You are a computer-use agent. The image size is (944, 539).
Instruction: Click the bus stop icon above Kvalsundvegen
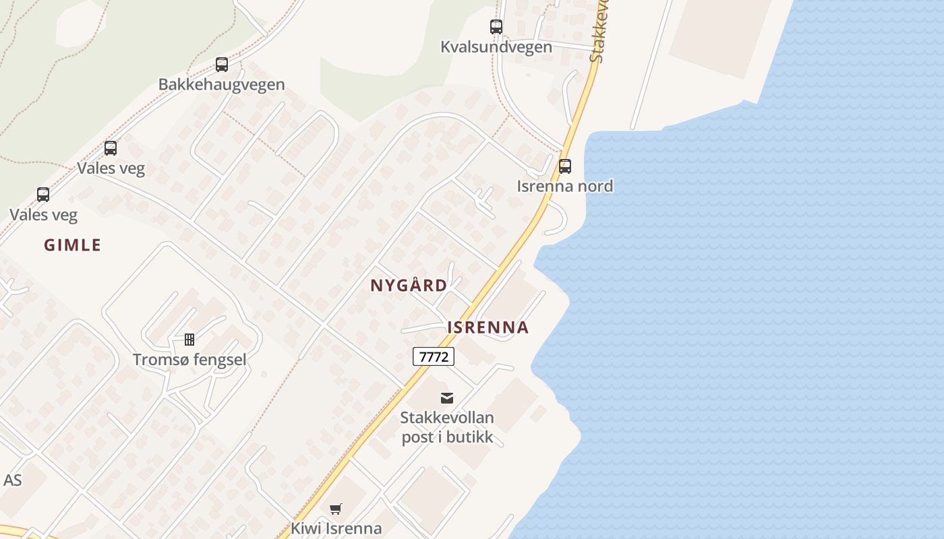coord(496,27)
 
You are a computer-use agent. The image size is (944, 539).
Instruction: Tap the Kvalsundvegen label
coord(496,47)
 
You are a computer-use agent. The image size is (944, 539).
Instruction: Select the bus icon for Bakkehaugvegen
coord(222,65)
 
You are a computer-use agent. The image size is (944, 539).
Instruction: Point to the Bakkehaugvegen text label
coord(222,85)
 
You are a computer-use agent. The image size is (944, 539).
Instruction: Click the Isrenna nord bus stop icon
coord(565,166)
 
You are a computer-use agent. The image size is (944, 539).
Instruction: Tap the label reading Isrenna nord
coord(565,186)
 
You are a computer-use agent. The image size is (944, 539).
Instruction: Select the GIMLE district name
coord(72,245)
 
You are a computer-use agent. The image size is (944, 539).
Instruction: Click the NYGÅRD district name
coord(409,286)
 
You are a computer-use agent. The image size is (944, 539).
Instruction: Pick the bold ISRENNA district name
coord(488,328)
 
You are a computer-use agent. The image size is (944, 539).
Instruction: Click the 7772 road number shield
coord(434,356)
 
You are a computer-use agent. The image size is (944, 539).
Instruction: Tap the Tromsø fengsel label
coord(189,360)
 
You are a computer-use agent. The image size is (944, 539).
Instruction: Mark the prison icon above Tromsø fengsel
coord(189,339)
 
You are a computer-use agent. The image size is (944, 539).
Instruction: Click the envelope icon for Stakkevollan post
coord(447,398)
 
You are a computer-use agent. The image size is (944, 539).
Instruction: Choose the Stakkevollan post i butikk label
coord(447,427)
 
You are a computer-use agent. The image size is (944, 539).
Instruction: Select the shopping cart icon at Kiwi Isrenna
coord(336,509)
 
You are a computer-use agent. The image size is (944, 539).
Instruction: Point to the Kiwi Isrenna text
coord(336,528)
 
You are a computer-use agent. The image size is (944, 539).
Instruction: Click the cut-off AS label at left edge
coord(12,480)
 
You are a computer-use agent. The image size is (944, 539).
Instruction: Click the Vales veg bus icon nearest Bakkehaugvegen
coord(111,148)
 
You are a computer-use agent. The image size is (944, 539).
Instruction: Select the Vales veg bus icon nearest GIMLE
coord(43,195)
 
